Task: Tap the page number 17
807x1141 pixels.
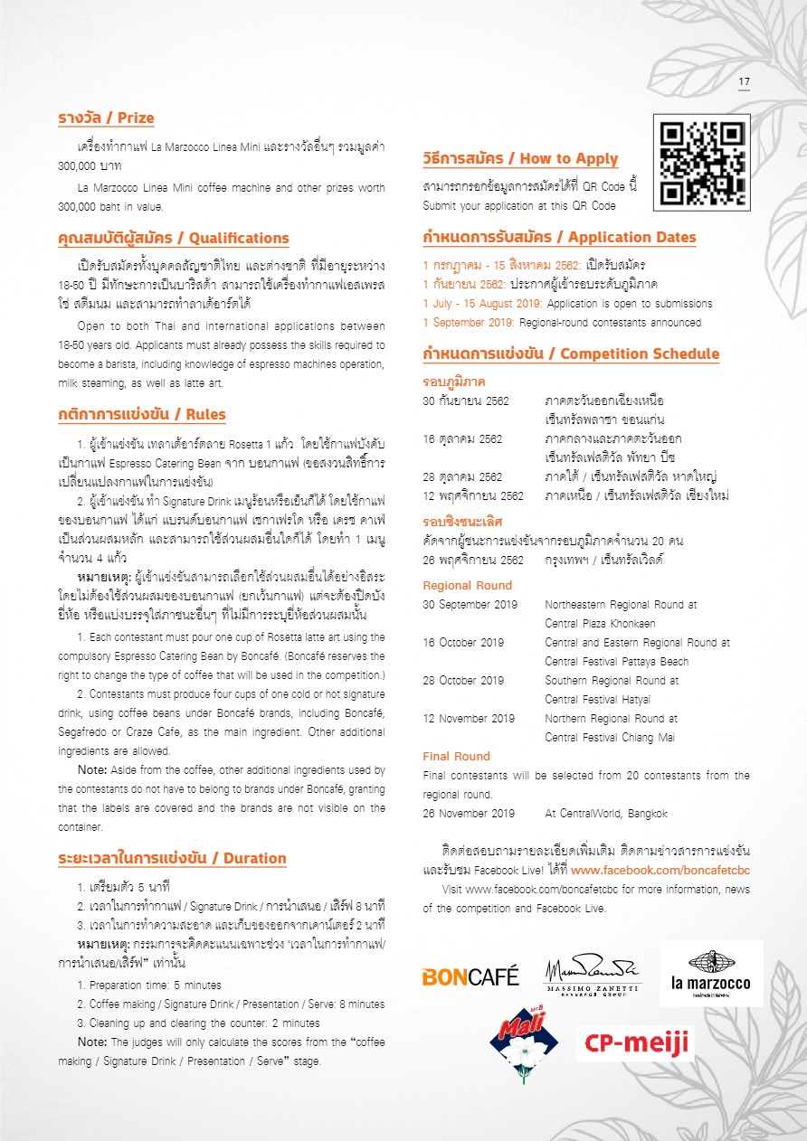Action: (744, 82)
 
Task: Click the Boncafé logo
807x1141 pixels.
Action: (470, 976)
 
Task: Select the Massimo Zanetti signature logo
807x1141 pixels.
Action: (593, 974)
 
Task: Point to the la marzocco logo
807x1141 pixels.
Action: (710, 974)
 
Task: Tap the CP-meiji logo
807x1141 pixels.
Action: (635, 1042)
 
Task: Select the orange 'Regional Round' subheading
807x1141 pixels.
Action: (468, 585)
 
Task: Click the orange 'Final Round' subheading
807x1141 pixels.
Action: (457, 756)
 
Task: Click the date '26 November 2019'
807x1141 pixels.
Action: (469, 814)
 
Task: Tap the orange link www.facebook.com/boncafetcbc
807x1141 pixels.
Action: (660, 871)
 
